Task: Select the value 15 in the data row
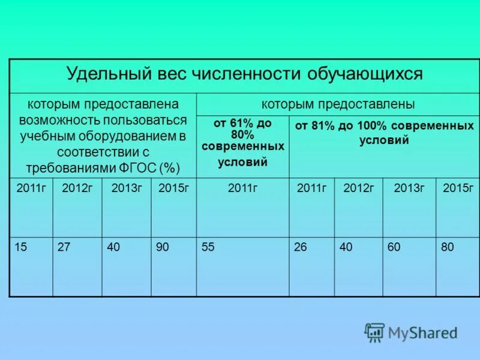(21, 247)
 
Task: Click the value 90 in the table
(162, 247)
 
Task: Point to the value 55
(208, 247)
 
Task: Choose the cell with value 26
(301, 247)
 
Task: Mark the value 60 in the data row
(394, 247)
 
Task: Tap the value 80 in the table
(448, 247)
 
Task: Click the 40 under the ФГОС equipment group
(113, 247)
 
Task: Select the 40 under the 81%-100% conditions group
(346, 247)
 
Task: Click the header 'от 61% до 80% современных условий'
(242, 142)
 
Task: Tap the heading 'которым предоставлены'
(338, 104)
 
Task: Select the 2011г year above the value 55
(242, 188)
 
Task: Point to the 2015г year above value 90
(174, 188)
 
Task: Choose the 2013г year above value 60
(409, 188)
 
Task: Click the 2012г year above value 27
(77, 188)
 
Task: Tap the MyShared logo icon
(374, 332)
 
